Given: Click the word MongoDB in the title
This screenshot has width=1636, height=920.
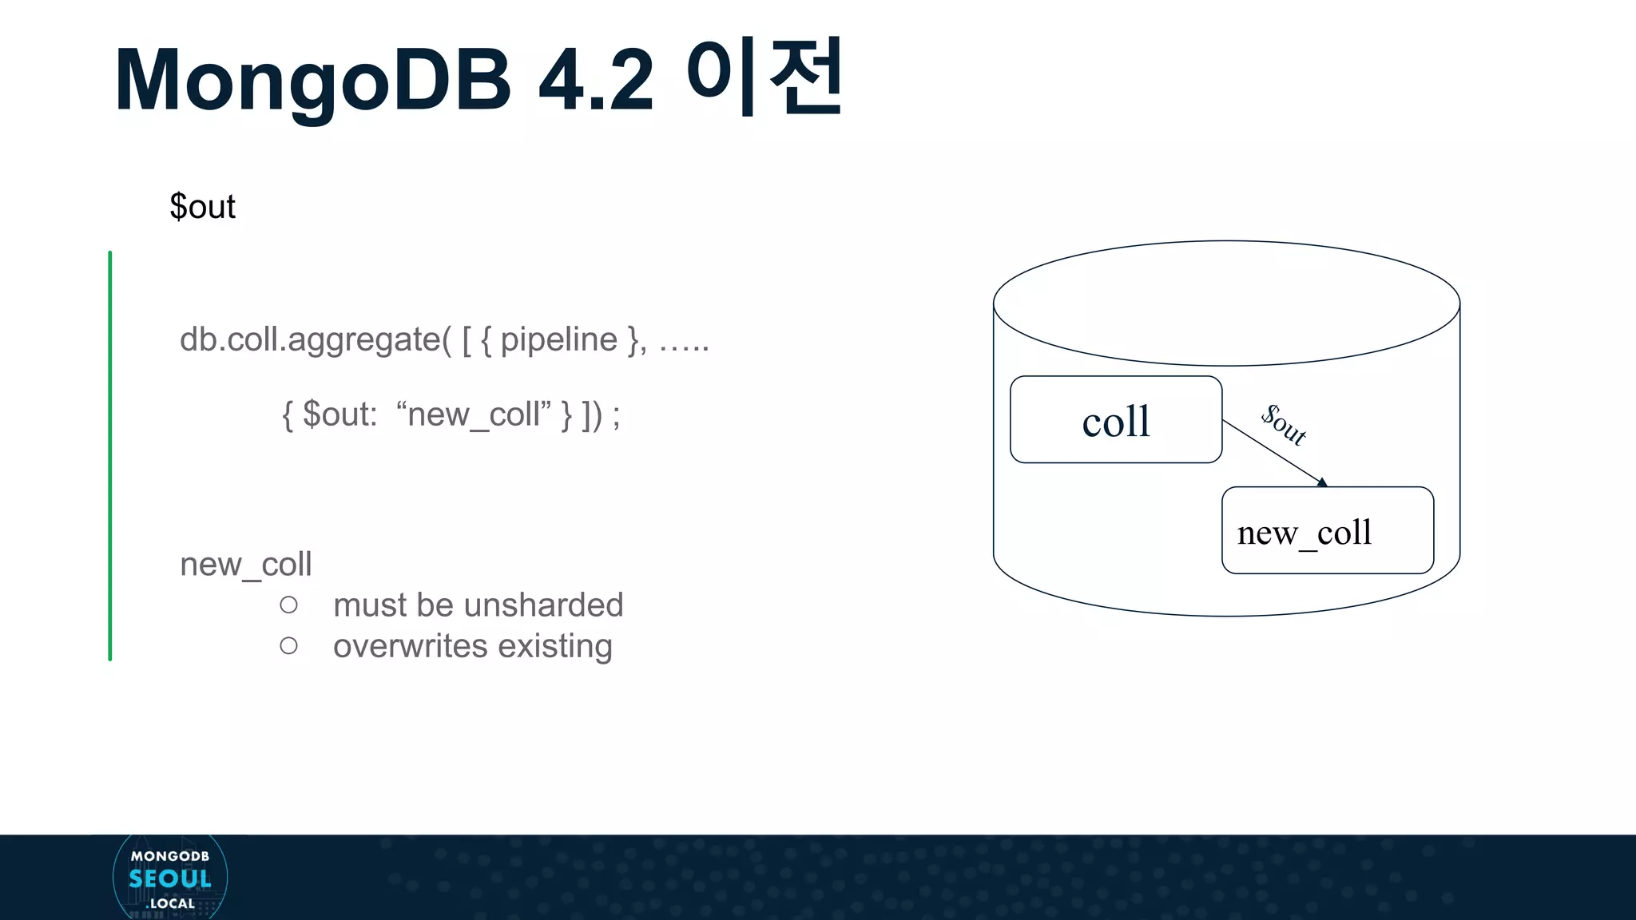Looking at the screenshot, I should coord(313,81).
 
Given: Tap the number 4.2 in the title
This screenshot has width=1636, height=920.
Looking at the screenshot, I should coord(596,81).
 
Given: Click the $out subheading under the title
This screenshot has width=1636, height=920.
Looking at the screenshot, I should coord(202,207).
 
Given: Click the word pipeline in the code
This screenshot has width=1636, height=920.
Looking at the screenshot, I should coord(558,340).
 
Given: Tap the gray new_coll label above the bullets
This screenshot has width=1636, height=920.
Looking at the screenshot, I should coord(245,565).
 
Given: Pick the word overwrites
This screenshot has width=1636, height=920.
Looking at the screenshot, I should coord(411,646).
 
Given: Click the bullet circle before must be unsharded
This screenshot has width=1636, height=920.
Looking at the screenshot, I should coord(289,605).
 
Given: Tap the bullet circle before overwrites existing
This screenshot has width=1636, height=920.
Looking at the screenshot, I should coord(289,646).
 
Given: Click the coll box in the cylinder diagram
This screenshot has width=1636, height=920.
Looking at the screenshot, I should coord(1115,420).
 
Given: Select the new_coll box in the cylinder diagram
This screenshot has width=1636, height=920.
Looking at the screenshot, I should coord(1327,531).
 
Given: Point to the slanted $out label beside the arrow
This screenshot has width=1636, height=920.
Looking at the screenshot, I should coord(1284,425).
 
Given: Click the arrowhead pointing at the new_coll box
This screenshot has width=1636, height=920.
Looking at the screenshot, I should coord(1322,482).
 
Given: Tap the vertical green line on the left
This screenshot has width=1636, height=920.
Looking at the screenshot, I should coord(110,455).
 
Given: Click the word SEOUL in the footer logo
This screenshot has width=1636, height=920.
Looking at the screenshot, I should coord(170,879).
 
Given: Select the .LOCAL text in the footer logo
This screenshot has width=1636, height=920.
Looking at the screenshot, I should coord(171,903).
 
